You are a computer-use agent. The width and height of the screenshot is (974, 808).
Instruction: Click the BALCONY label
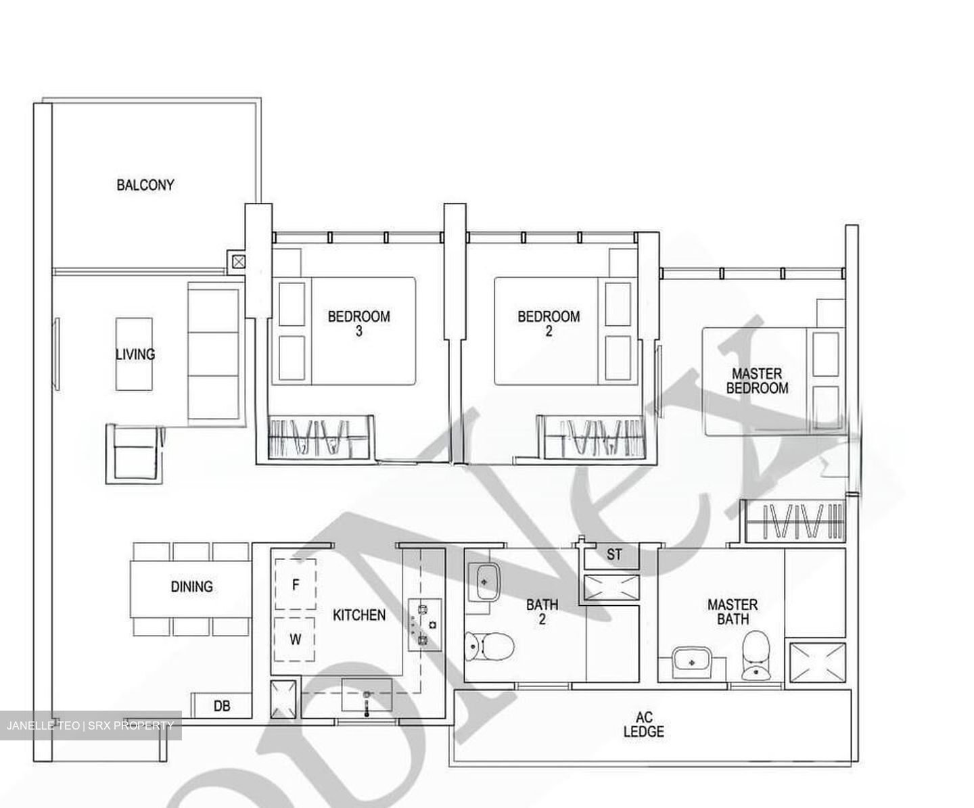click(x=145, y=185)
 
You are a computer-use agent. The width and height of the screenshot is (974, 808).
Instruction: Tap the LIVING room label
click(x=135, y=354)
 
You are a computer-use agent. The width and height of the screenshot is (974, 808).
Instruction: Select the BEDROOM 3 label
click(x=358, y=323)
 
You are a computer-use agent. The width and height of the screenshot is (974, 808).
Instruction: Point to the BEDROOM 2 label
click(x=549, y=323)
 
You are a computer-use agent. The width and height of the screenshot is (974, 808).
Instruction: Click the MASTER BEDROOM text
click(x=756, y=381)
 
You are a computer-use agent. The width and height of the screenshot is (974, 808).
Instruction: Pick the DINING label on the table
click(x=191, y=586)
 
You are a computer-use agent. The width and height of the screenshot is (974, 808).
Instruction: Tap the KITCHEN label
click(x=359, y=615)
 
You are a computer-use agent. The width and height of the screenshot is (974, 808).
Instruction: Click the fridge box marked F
click(x=295, y=584)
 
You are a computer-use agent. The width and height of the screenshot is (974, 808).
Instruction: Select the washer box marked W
click(x=295, y=639)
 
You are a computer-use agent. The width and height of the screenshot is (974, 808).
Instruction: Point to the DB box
click(x=222, y=706)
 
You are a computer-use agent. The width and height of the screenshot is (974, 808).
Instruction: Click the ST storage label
click(x=613, y=555)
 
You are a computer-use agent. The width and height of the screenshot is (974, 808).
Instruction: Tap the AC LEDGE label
click(x=643, y=724)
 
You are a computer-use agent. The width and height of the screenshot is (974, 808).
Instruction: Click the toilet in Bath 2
click(x=490, y=646)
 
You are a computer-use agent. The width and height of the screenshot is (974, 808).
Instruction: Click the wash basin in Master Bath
click(x=691, y=661)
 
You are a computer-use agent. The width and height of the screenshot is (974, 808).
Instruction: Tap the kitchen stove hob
click(x=424, y=624)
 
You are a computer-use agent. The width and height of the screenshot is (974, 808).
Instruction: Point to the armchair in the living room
click(x=135, y=454)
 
